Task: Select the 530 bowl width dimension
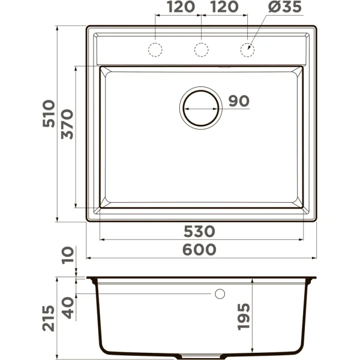click(x=201, y=231)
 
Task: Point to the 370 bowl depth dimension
click(x=67, y=124)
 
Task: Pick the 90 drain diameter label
click(x=238, y=101)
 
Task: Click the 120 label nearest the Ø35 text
click(x=224, y=7)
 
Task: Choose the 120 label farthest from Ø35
click(x=179, y=7)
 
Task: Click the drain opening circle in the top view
click(x=201, y=107)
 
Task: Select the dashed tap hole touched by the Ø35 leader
click(x=247, y=49)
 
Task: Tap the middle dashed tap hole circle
click(x=202, y=49)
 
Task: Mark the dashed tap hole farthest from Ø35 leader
click(x=156, y=49)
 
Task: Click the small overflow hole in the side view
click(x=220, y=293)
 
